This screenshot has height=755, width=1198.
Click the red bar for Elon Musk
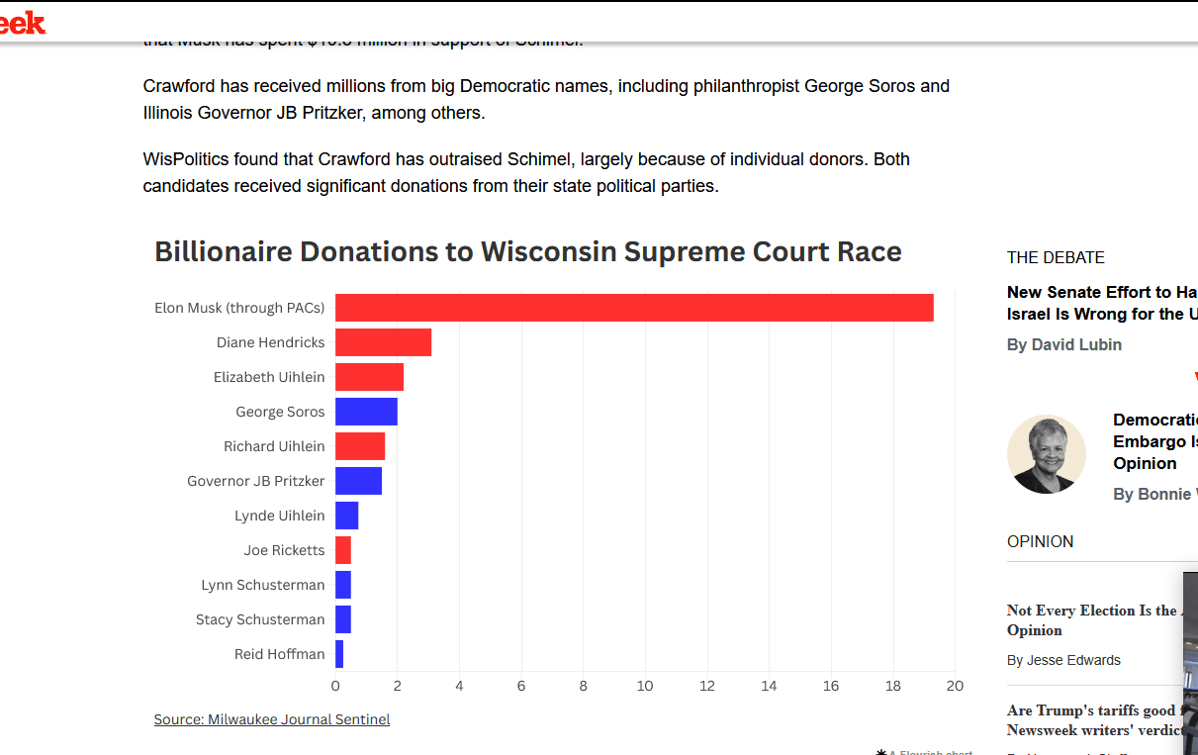633,308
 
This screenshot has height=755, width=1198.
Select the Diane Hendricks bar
383,342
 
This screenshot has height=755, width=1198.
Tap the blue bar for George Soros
366,412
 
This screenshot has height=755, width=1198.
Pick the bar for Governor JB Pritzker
358,481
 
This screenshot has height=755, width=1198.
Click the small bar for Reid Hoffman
339,654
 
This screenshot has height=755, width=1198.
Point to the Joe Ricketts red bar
343,550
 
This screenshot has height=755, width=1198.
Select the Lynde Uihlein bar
346,516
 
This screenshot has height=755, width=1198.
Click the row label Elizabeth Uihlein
269,377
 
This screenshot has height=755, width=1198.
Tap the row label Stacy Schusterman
260,619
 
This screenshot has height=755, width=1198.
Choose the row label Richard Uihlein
274,446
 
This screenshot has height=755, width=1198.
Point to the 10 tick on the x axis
645,686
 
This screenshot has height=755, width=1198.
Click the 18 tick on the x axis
893,686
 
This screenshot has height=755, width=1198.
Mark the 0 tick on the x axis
335,686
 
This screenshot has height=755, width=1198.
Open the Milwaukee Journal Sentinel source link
272,719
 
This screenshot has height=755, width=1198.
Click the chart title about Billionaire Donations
527,251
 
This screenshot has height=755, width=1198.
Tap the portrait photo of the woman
1046,454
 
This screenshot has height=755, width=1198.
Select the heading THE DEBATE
1056,257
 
